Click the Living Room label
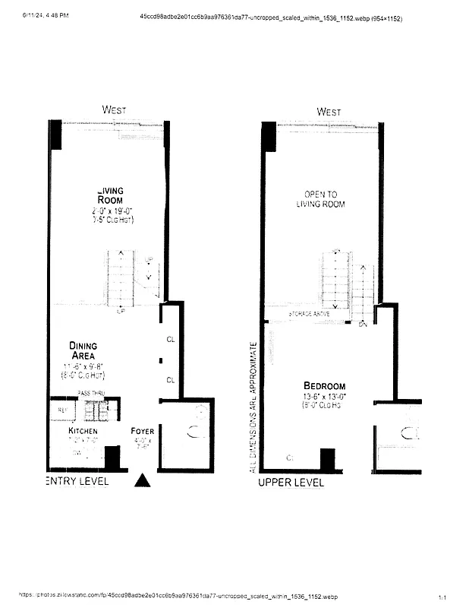tap(110, 195)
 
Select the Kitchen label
tap(83, 431)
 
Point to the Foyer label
tap(142, 431)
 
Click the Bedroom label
tap(324, 385)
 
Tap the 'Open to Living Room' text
tap(324, 199)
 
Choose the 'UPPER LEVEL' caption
tap(291, 483)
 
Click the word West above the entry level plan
tap(114, 110)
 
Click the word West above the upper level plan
tap(329, 112)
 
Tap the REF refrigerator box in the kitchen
tap(62, 410)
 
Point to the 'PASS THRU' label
tap(90, 393)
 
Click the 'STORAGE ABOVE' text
tap(310, 313)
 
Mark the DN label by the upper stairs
tap(363, 324)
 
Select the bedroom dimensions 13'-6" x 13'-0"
tap(324, 397)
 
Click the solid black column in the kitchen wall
tap(112, 457)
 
